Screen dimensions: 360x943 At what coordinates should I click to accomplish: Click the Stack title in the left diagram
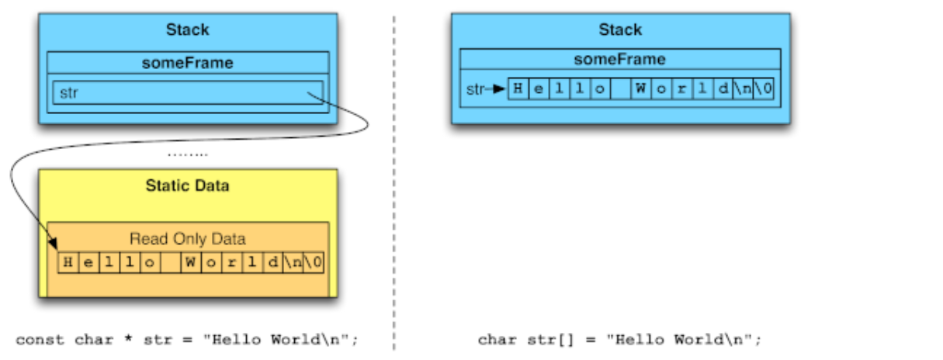point(188,30)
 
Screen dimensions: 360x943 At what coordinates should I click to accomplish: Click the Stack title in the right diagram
point(620,30)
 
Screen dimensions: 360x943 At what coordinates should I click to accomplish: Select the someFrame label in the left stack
point(188,63)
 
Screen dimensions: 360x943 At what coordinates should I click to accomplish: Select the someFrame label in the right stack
point(620,60)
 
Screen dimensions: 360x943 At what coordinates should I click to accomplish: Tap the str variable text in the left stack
point(69,93)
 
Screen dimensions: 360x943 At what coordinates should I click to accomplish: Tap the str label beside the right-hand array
point(475,88)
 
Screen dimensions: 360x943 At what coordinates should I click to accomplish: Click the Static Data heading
point(188,186)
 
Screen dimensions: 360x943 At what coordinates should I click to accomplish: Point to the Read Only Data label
point(188,239)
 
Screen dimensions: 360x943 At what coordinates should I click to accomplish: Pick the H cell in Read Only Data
point(68,262)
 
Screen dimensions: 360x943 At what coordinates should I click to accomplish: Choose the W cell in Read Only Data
point(189,262)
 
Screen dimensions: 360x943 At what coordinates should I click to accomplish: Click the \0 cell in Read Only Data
point(314,262)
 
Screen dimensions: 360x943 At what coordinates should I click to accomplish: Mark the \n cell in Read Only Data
point(293,262)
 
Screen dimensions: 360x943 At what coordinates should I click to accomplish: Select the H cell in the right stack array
point(518,88)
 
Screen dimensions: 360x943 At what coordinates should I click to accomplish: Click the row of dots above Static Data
point(188,154)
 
